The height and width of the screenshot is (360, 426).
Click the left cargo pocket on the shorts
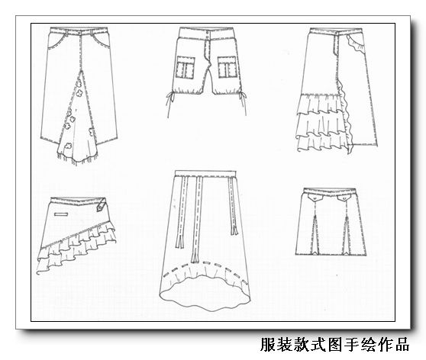point(186,67)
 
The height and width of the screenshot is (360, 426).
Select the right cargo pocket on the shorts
point(228,67)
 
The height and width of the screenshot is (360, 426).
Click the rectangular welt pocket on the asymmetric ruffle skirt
point(62,214)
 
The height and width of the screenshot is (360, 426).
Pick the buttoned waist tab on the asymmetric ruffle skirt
point(102,205)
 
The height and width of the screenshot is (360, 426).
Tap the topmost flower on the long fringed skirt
point(79,84)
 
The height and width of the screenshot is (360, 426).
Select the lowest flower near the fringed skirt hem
point(68,146)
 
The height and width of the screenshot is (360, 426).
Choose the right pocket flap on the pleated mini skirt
point(344,198)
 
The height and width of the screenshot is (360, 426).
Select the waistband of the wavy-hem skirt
point(205,173)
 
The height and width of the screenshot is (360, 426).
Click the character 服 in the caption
point(269,344)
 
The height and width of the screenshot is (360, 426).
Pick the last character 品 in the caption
point(402,344)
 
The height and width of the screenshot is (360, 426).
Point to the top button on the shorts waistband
point(208,32)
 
